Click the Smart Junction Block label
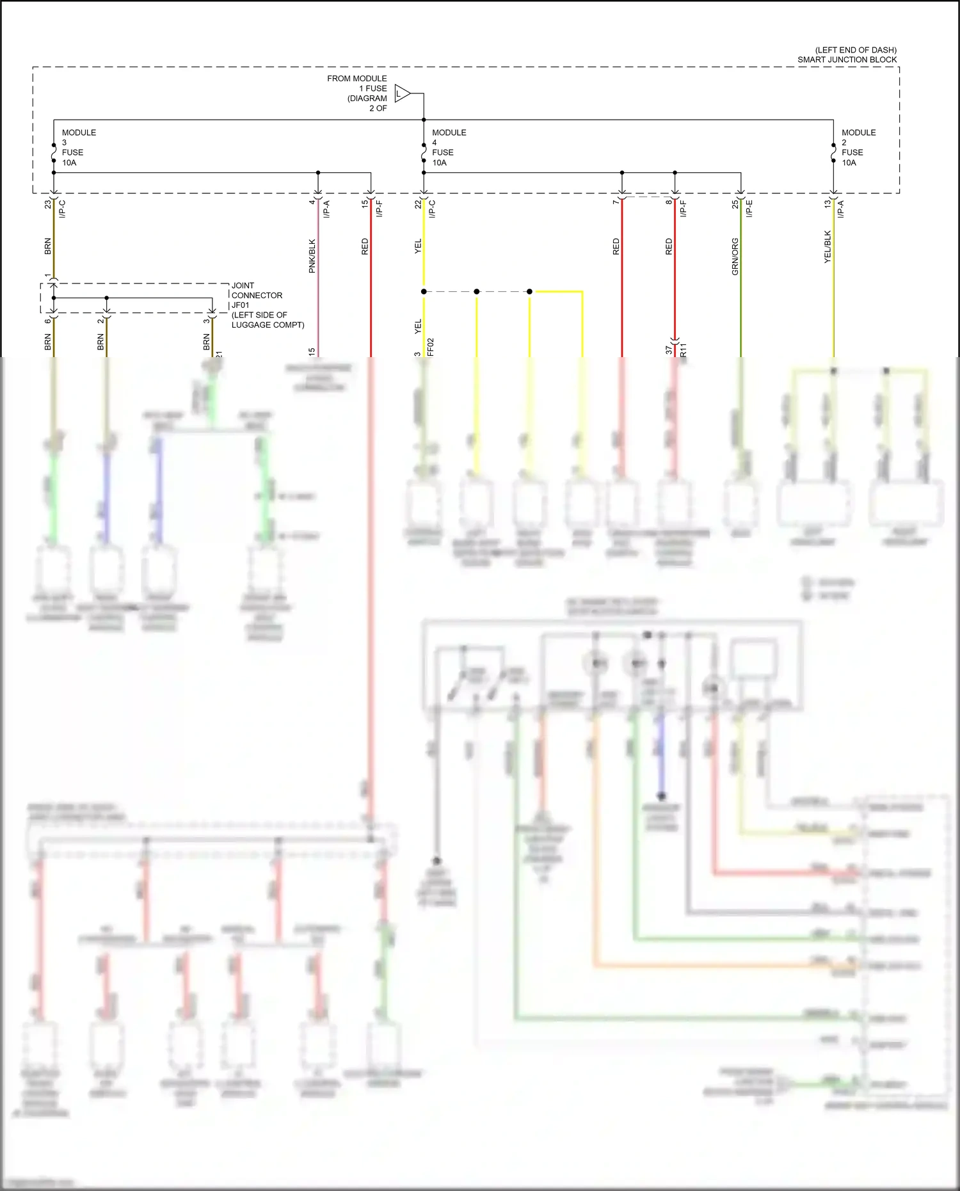click(x=847, y=55)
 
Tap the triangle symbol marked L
click(x=401, y=94)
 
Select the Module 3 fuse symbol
click(x=54, y=153)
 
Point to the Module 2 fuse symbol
click(x=833, y=153)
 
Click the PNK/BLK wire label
click(x=312, y=256)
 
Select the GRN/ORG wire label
click(x=735, y=257)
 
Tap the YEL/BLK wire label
click(x=827, y=247)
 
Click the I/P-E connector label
click(x=749, y=209)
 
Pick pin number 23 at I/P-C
click(x=47, y=204)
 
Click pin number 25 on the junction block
click(x=735, y=204)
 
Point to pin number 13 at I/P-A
click(x=827, y=204)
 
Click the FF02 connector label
click(x=430, y=347)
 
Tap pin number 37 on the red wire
click(x=669, y=349)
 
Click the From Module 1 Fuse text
click(x=357, y=93)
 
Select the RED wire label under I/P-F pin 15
click(x=365, y=246)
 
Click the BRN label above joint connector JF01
click(x=47, y=246)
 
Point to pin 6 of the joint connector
click(x=47, y=320)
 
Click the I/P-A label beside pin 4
click(x=326, y=209)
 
